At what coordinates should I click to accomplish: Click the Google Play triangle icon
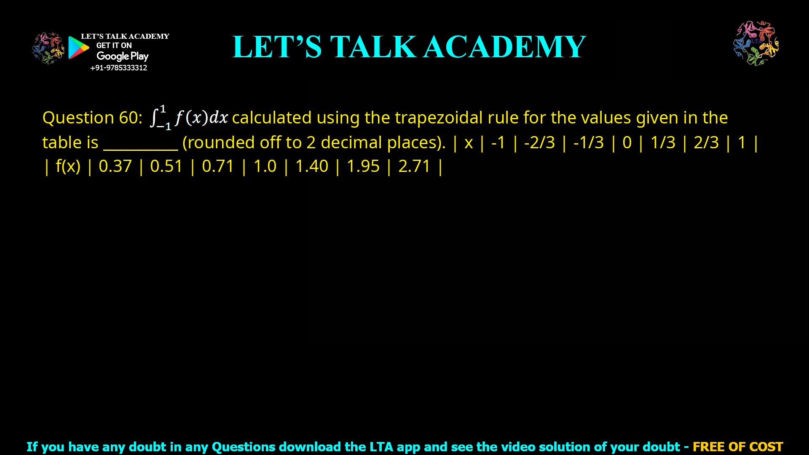(x=78, y=48)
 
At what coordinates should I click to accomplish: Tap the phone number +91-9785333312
(x=118, y=68)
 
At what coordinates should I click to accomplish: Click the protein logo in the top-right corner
(x=756, y=43)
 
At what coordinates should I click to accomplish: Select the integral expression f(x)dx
(x=190, y=118)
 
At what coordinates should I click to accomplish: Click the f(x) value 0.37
(x=115, y=166)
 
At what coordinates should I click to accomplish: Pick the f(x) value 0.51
(x=166, y=166)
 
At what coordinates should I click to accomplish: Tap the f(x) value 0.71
(x=218, y=166)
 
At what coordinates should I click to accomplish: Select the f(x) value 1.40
(x=311, y=166)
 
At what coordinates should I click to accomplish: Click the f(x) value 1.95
(x=363, y=166)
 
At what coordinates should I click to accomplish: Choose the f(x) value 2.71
(x=414, y=166)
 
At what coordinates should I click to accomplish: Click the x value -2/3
(x=539, y=142)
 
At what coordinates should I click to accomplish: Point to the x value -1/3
(x=589, y=142)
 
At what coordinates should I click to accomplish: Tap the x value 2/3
(x=706, y=142)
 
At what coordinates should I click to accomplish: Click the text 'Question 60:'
(x=92, y=118)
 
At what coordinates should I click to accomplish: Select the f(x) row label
(x=68, y=166)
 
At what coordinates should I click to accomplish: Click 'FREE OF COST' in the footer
(x=737, y=447)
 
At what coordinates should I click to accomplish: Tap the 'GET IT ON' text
(x=114, y=45)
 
